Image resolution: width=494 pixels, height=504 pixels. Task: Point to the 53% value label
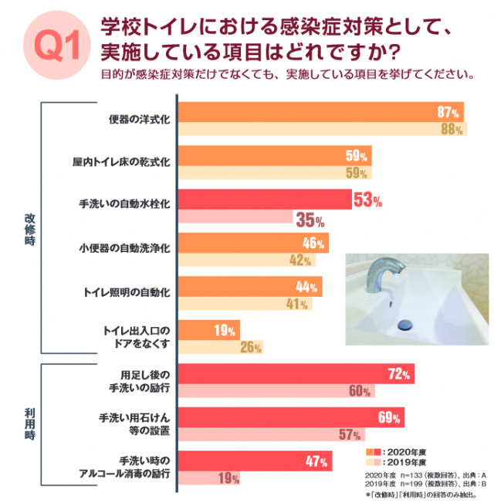coord(367,201)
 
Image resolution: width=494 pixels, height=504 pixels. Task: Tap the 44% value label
coord(307,287)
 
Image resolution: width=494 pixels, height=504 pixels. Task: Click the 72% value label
coord(399,375)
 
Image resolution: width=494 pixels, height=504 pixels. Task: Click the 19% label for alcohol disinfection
coord(228,478)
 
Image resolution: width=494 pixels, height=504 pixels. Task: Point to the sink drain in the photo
coord(407,326)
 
